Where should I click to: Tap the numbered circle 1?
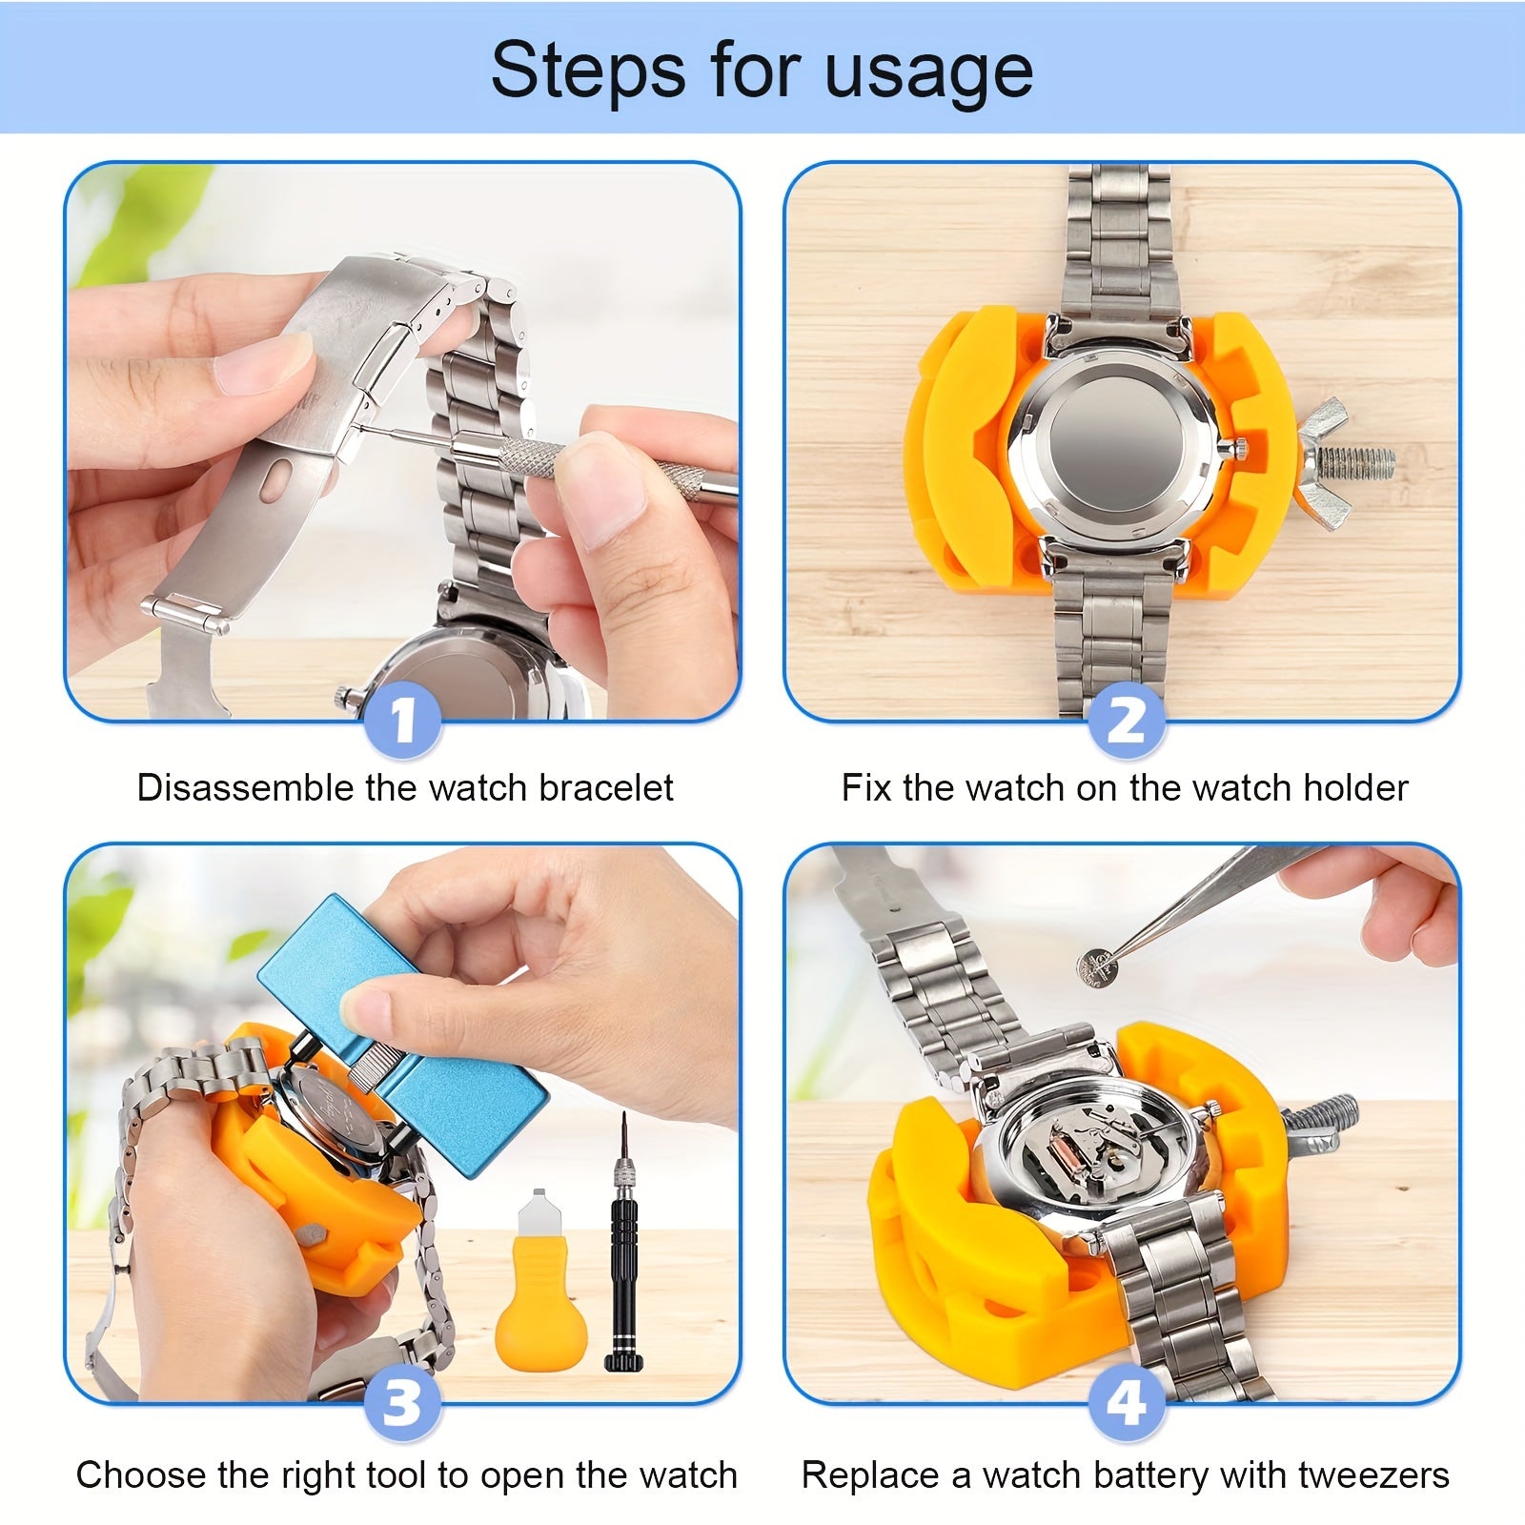point(402,721)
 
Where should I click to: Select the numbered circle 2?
point(1126,721)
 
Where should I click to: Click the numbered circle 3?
point(402,1403)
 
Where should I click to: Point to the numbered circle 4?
point(1126,1403)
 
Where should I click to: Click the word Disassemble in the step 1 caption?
point(246,788)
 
